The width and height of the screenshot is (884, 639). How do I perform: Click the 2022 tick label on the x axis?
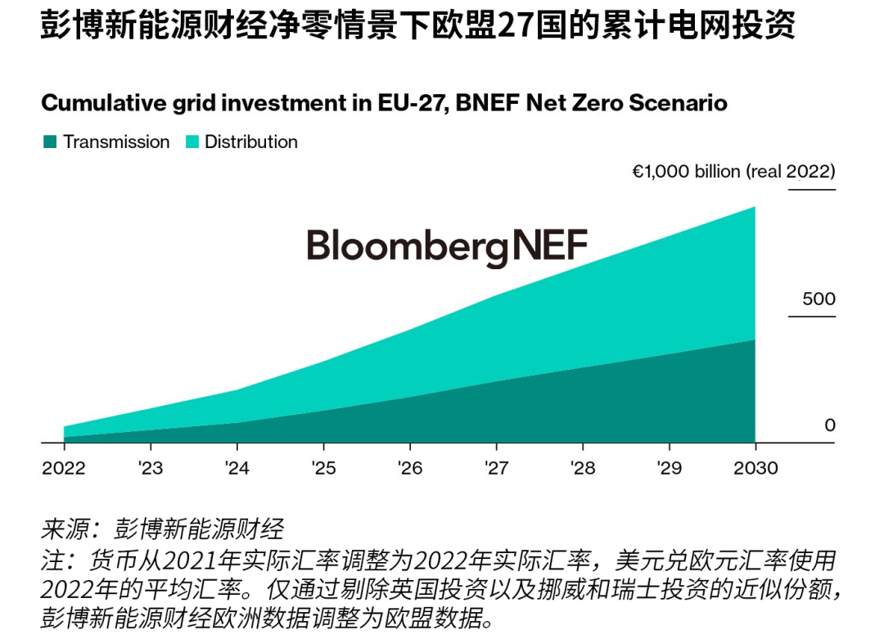pyautogui.click(x=63, y=468)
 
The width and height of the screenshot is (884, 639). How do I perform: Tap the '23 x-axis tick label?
pyautogui.click(x=151, y=468)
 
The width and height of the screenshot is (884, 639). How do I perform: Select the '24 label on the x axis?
pyautogui.click(x=237, y=468)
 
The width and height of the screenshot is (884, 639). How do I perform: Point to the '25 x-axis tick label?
pyautogui.click(x=323, y=468)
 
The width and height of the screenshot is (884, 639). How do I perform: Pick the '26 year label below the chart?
pyautogui.click(x=409, y=468)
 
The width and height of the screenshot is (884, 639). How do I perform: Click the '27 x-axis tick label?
pyautogui.click(x=496, y=468)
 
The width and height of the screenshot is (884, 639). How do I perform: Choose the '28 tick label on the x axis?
pyautogui.click(x=583, y=468)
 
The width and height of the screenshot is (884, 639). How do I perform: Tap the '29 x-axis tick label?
pyautogui.click(x=669, y=468)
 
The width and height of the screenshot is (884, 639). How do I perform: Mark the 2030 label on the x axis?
pyautogui.click(x=755, y=468)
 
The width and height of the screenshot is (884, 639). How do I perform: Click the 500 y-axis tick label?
pyautogui.click(x=819, y=299)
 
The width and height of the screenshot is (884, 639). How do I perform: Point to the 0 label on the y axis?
pyautogui.click(x=829, y=425)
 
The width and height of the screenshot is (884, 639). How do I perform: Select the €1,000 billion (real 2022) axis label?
pyautogui.click(x=733, y=172)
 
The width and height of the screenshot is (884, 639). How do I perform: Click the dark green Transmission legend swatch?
pyautogui.click(x=50, y=142)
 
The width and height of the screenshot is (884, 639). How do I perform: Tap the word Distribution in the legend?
pyautogui.click(x=250, y=142)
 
